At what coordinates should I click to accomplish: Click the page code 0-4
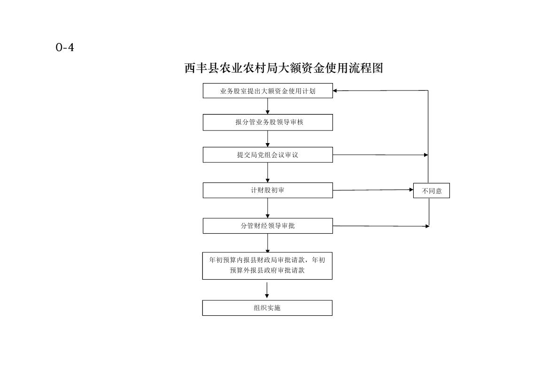tap(65, 47)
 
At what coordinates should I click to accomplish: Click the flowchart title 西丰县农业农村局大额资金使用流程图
tap(284, 68)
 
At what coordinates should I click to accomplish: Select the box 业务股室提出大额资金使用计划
tap(268, 91)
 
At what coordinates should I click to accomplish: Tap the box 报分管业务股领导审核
tap(268, 122)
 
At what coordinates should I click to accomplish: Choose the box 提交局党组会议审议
tap(268, 155)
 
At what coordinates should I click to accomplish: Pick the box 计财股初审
tap(268, 190)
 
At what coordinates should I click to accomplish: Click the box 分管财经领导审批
tap(268, 226)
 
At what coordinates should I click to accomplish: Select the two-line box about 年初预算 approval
tap(268, 266)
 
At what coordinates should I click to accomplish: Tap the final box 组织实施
tap(268, 308)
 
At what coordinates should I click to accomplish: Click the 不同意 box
tap(431, 190)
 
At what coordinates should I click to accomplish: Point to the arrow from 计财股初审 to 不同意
tap(373, 190)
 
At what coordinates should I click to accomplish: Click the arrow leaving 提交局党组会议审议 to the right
tap(380, 155)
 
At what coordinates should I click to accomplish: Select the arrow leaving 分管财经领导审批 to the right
tap(381, 226)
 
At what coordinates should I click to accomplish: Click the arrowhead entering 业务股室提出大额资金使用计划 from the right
tap(335, 91)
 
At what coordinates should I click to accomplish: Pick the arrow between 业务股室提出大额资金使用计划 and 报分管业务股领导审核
tap(268, 106)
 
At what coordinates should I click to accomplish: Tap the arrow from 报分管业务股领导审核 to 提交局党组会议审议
tap(268, 139)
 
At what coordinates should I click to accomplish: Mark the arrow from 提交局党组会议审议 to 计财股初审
tap(268, 173)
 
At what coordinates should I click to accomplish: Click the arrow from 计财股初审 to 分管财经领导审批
tap(268, 208)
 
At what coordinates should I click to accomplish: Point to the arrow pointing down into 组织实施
tap(267, 290)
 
